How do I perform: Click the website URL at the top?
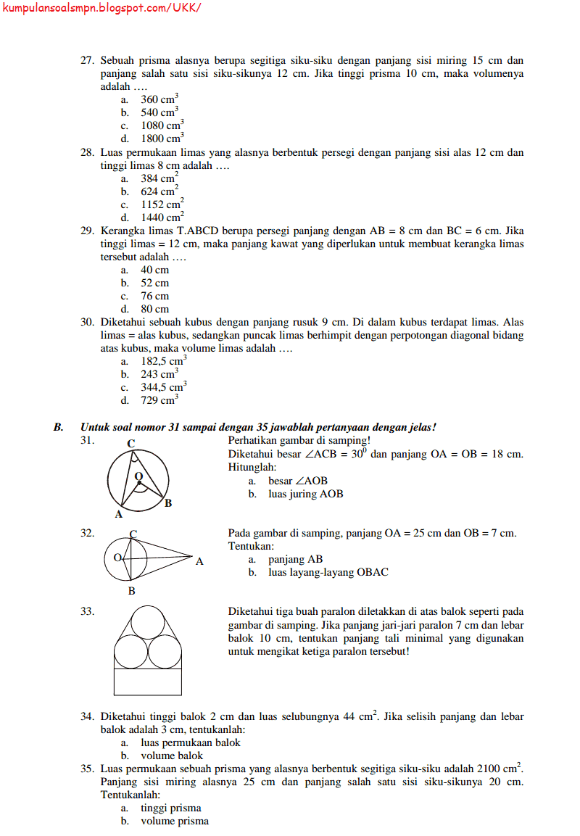101,8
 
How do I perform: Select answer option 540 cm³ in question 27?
159,112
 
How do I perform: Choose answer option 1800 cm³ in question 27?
162,138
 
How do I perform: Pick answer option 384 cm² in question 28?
159,178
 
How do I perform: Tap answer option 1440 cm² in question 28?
162,217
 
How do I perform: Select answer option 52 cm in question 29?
154,283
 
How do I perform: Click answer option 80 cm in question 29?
154,309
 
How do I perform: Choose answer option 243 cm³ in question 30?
159,374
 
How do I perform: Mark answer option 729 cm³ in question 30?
159,400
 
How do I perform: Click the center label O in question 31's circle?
138,476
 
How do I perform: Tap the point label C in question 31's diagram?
130,444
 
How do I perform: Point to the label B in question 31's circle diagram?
168,502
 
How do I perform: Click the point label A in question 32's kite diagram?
199,560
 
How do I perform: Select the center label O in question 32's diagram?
117,558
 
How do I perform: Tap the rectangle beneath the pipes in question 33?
148,681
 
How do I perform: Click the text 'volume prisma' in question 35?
174,821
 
